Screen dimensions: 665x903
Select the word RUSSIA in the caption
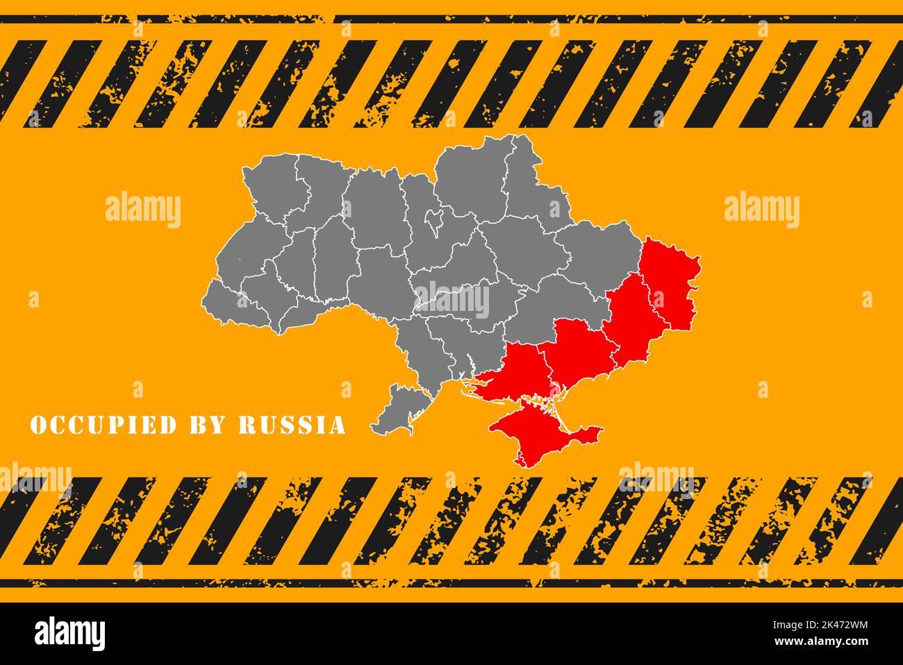point(292,425)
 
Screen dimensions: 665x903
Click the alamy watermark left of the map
point(143,210)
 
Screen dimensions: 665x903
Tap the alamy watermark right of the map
point(761,210)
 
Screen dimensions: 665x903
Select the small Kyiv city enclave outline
point(435,220)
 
